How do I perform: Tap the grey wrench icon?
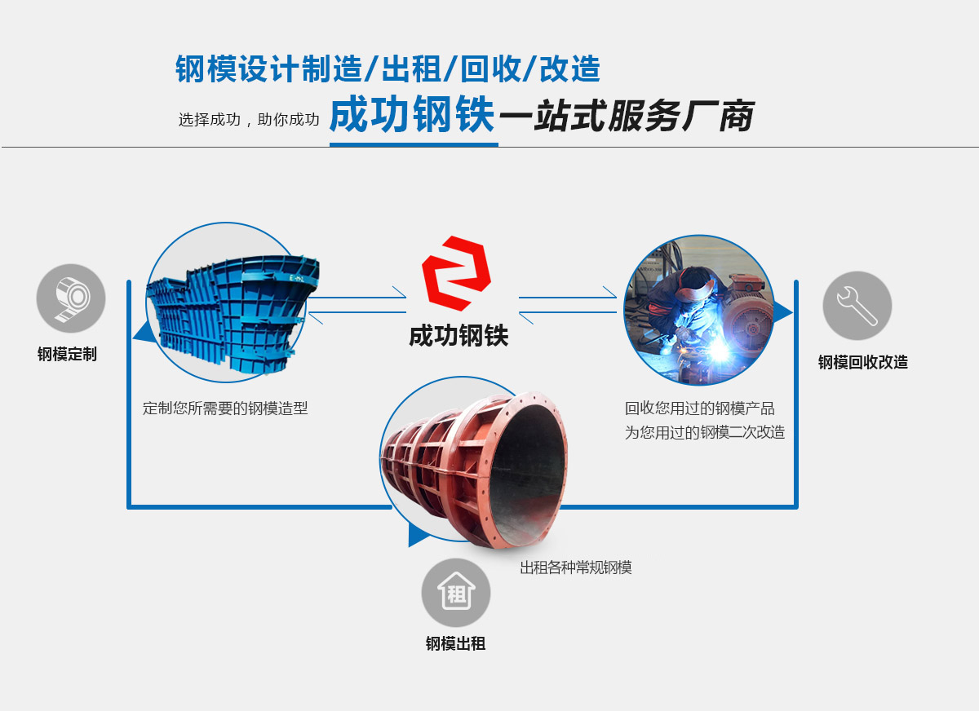[857, 306]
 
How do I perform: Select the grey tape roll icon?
[71, 298]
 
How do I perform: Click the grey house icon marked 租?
[456, 593]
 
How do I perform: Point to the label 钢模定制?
[67, 355]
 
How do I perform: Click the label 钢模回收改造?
[862, 363]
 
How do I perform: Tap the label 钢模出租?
[455, 644]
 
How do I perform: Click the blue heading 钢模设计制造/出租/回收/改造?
[388, 69]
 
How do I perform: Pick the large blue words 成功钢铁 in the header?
[412, 117]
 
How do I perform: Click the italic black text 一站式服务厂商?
[626, 117]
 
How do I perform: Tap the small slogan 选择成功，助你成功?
[248, 120]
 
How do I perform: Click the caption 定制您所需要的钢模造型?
[225, 408]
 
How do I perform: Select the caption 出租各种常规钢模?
[575, 568]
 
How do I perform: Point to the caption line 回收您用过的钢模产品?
[699, 408]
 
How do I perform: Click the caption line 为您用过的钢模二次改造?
[704, 433]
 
